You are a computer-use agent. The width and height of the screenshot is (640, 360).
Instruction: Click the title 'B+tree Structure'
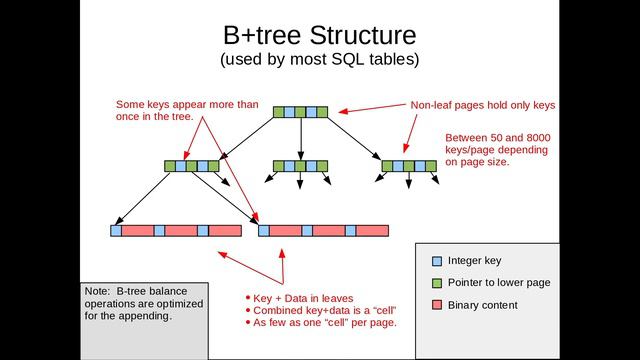(x=319, y=35)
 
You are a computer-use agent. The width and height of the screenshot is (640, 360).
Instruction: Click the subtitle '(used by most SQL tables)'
(x=319, y=60)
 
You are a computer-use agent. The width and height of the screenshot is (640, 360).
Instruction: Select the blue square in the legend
(x=436, y=261)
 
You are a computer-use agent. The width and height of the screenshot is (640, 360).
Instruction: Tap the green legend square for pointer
(x=436, y=283)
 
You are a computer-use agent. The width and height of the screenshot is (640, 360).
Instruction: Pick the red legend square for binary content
(x=436, y=305)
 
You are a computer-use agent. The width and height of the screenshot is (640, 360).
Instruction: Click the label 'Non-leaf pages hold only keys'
(x=483, y=104)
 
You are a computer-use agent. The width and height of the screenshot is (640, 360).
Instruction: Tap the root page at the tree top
(x=300, y=112)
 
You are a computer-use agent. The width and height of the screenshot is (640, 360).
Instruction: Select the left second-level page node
(x=192, y=166)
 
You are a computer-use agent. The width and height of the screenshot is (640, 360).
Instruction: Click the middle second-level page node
(x=300, y=166)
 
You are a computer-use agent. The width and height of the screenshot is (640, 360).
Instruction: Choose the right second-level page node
(x=408, y=166)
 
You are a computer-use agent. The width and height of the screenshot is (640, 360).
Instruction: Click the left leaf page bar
(x=176, y=230)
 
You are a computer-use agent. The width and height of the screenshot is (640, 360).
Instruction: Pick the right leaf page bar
(x=323, y=230)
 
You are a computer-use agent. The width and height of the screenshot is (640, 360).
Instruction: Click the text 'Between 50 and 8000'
(x=496, y=138)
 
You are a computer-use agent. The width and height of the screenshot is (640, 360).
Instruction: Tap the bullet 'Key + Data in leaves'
(x=303, y=298)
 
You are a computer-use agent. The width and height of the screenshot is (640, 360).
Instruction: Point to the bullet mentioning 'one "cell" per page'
(x=325, y=322)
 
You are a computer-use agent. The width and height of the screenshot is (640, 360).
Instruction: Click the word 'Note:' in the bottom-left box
(x=98, y=291)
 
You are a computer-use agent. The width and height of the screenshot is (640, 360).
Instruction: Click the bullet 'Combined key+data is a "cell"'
(x=320, y=310)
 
